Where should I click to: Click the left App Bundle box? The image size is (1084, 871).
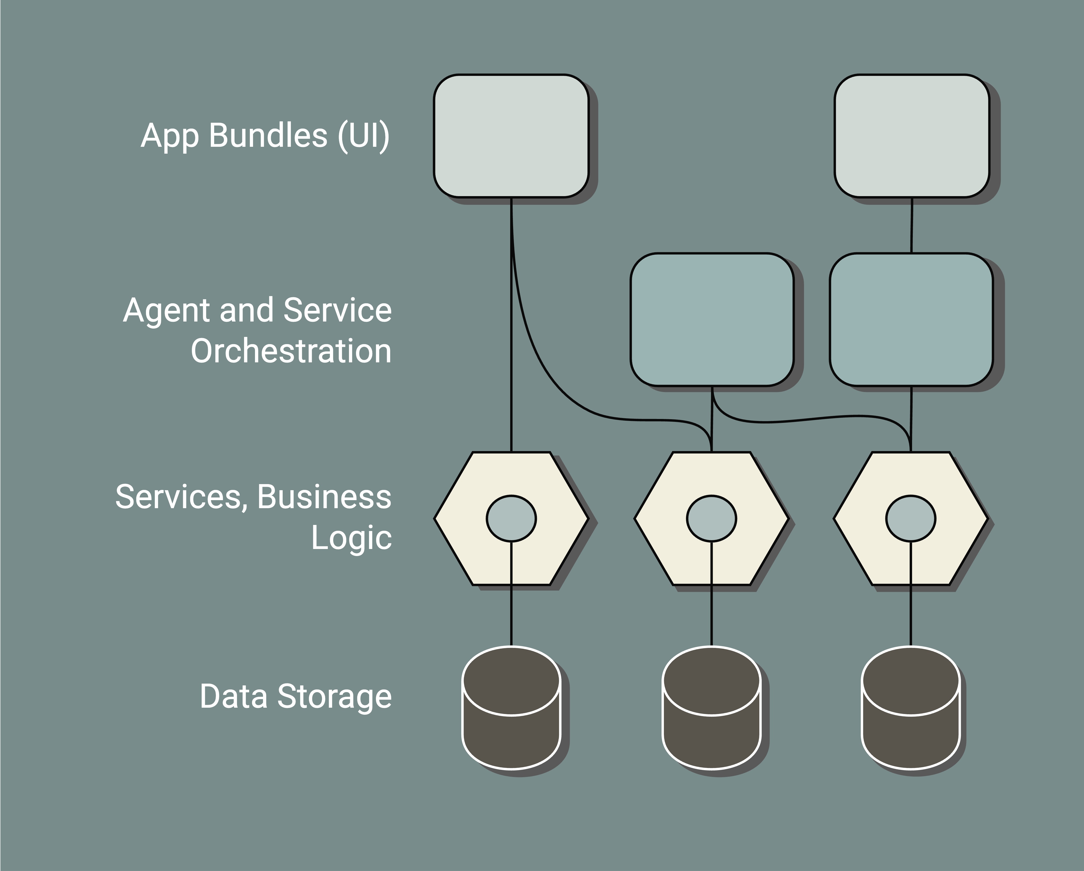pyautogui.click(x=511, y=136)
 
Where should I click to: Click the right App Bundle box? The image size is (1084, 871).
pyautogui.click(x=912, y=136)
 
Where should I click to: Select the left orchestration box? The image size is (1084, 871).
pyautogui.click(x=712, y=320)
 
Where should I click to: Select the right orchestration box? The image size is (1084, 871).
pyautogui.click(x=911, y=320)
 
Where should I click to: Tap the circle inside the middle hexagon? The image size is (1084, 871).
pyautogui.click(x=711, y=518)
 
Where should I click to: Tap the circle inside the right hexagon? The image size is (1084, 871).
pyautogui.click(x=911, y=518)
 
